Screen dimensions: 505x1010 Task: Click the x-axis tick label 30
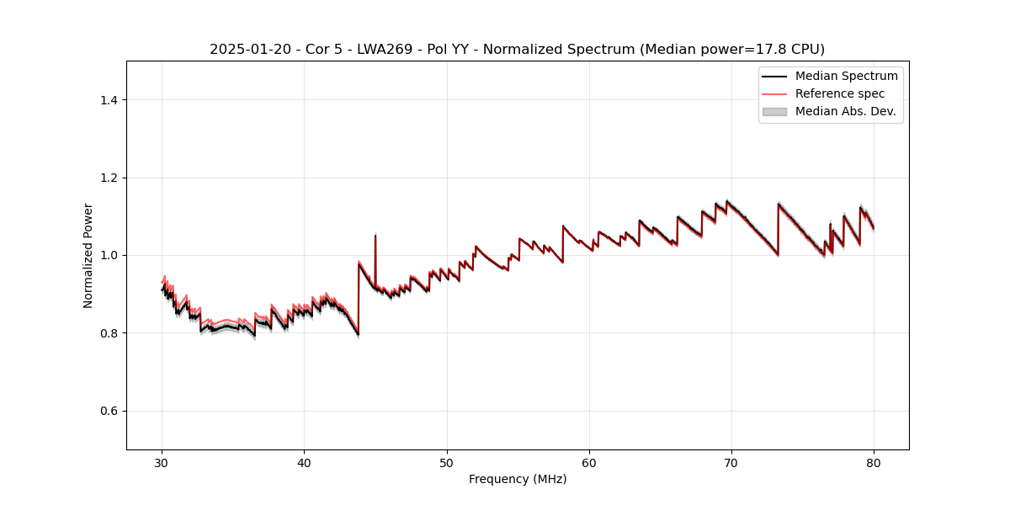click(x=162, y=462)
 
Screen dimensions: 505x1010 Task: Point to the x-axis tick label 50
click(x=447, y=462)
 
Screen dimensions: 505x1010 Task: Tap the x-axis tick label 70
click(x=731, y=462)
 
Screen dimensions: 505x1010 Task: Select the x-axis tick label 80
click(x=874, y=462)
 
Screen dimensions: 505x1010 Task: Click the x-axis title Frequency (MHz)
click(x=518, y=479)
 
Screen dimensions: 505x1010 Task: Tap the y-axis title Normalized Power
click(x=88, y=255)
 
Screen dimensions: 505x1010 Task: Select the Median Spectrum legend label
click(x=846, y=77)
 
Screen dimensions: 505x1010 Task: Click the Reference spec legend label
click(x=840, y=94)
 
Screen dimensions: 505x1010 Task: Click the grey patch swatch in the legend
click(x=774, y=112)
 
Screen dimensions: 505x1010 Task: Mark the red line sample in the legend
click(x=774, y=94)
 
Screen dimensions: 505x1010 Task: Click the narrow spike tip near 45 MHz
click(x=375, y=235)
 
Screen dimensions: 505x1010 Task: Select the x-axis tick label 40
click(x=304, y=462)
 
